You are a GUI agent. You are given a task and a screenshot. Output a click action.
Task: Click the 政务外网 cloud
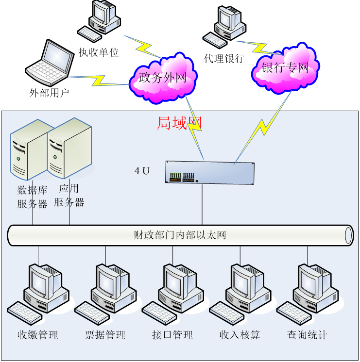pyautogui.click(x=163, y=77)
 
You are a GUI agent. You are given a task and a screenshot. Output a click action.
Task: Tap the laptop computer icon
pyautogui.click(x=50, y=64)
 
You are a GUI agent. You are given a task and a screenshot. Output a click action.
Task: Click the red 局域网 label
pyautogui.click(x=178, y=123)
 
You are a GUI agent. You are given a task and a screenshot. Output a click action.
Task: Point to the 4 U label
pyautogui.click(x=142, y=171)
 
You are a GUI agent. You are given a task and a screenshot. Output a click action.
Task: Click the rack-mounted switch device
pyautogui.click(x=210, y=173)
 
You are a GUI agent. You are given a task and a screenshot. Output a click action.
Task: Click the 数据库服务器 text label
pyautogui.click(x=32, y=197)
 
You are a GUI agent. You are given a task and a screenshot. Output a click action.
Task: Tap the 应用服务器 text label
pyautogui.click(x=69, y=196)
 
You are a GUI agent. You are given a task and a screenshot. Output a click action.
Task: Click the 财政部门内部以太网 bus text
pyautogui.click(x=180, y=236)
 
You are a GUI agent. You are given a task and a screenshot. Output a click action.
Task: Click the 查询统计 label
pyautogui.click(x=307, y=335)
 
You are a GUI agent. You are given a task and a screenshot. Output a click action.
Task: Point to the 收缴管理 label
pyautogui.click(x=38, y=335)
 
